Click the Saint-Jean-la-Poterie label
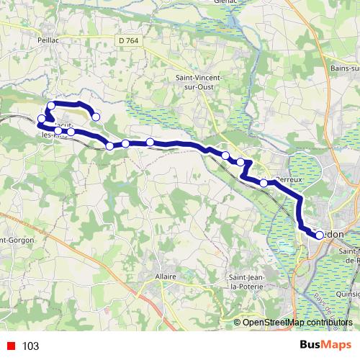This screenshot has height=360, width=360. pyautogui.click(x=246, y=282)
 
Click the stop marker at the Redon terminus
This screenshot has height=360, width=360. pyautogui.click(x=320, y=234)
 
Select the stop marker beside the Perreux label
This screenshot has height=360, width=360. pyautogui.click(x=264, y=183)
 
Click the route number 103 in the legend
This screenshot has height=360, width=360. pyautogui.click(x=30, y=346)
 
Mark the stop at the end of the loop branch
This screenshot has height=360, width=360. pyautogui.click(x=95, y=117)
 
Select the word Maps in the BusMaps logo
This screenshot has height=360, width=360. pyautogui.click(x=335, y=346)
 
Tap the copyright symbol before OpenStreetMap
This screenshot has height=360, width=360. pyautogui.click(x=238, y=322)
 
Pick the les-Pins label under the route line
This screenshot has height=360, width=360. pyautogui.click(x=56, y=135)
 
